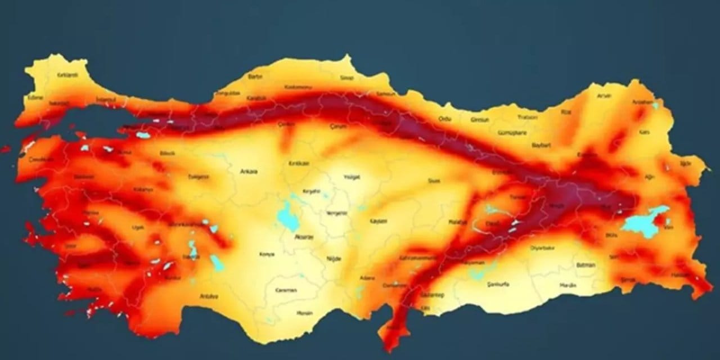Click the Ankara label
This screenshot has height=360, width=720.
248,172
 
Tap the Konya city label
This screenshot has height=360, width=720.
267,254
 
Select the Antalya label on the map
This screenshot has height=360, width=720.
209,296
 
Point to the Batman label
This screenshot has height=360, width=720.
586,264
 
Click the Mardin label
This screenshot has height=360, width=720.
568,285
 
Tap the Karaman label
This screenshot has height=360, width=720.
286,291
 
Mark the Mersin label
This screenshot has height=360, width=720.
304,312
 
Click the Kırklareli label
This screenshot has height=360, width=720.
67,75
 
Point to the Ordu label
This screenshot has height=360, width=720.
444,119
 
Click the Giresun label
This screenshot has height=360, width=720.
480,119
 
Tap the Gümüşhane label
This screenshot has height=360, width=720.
512,133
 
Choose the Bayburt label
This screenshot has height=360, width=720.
541,145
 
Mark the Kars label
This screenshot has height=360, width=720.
644,132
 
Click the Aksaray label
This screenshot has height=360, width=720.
304,237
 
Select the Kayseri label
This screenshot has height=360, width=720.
378,221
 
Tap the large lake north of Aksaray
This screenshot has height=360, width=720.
289,216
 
